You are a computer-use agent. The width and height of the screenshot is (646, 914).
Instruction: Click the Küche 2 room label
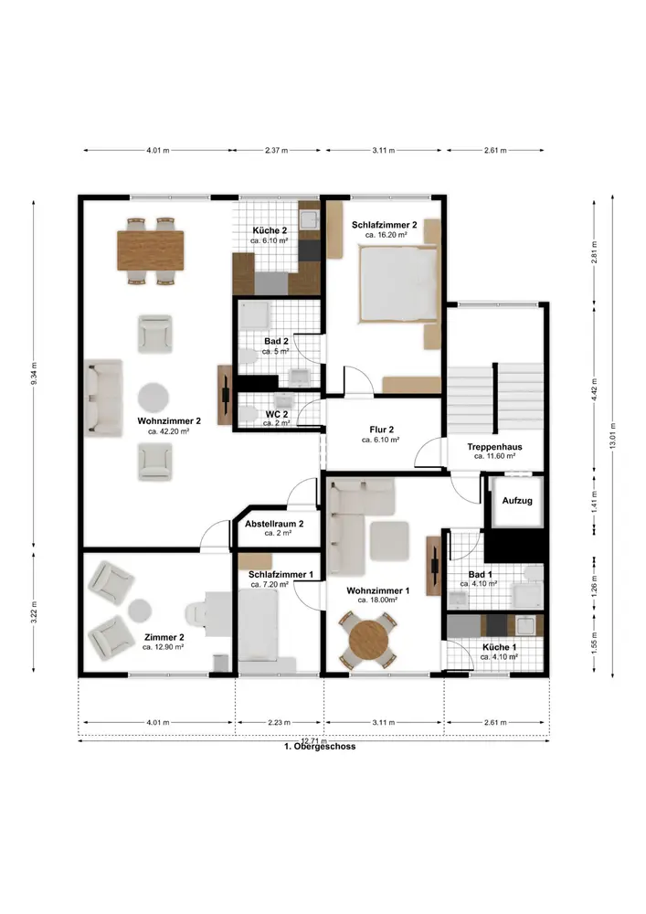270,230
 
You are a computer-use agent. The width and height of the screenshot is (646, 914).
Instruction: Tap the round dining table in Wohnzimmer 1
369,640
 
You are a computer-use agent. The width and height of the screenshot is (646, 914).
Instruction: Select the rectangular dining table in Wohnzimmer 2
151,250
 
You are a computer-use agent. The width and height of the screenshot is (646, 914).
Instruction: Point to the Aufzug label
517,500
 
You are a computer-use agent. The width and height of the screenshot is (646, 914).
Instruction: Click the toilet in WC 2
249,413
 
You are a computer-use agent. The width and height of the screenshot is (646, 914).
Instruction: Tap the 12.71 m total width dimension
314,741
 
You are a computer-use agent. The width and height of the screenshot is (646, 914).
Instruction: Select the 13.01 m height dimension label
612,436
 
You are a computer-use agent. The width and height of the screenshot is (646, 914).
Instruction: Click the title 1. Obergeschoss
320,747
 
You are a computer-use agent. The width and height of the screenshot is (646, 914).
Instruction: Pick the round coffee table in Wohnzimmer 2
154,397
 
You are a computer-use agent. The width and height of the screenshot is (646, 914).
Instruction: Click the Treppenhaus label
494,447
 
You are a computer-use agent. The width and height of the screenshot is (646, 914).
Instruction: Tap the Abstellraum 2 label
274,524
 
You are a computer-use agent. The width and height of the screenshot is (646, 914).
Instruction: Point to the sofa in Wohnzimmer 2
103,398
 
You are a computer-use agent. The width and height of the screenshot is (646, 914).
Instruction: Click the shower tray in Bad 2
255,316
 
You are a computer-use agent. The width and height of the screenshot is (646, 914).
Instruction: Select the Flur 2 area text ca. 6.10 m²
380,441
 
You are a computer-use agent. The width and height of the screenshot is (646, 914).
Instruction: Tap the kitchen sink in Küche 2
309,219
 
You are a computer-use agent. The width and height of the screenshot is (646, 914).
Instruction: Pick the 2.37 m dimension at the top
277,151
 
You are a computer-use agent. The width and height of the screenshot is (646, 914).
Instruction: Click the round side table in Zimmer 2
140,611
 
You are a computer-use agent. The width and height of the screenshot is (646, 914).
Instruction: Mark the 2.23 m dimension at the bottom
279,723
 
